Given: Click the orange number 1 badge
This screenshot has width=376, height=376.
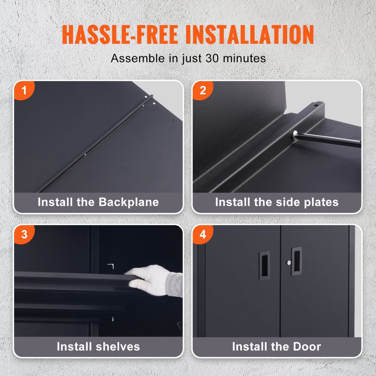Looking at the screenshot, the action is tap(24, 90).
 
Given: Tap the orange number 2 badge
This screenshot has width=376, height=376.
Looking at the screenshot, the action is tap(202, 90).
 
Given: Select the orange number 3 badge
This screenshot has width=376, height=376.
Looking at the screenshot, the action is tap(24, 234).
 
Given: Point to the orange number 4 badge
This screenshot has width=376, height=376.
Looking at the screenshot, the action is tap(202, 234).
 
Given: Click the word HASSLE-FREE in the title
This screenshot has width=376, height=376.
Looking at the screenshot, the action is tap(120, 35).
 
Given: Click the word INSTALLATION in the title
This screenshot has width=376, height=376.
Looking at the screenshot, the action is tap(250, 35).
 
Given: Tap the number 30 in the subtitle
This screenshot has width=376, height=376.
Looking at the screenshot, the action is tap(212, 58).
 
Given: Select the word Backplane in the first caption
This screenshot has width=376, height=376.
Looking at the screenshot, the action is tap(129, 202).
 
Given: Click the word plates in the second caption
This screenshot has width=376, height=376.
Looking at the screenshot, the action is tap(321, 202).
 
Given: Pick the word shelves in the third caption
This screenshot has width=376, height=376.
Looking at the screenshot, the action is tap(117, 346).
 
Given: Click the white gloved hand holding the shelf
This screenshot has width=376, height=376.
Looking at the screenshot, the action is tap(149, 280).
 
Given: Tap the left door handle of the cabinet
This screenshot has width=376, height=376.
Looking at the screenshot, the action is tap(264, 266).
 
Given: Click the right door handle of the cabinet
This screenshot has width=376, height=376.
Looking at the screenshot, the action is tap(297, 261).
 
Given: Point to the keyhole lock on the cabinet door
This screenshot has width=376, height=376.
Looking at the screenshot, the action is tap(289, 262).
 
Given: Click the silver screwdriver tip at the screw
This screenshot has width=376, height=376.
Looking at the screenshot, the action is tap(295, 134).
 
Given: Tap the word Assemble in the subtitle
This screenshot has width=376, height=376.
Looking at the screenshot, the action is tap(138, 58).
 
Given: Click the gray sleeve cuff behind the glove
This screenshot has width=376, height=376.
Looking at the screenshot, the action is tap(175, 284).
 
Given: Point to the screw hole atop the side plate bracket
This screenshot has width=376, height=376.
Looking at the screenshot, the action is tap(316, 105).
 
